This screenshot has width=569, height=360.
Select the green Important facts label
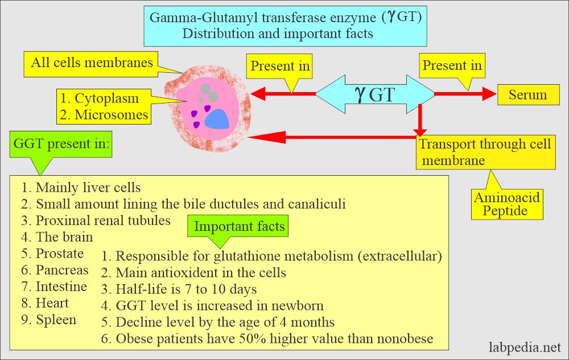pyautogui.click(x=239, y=226)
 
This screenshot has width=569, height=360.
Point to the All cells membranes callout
pyautogui.click(x=92, y=62)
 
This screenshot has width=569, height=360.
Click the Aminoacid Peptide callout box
pyautogui.click(x=506, y=204)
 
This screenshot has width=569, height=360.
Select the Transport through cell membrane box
pyautogui.click(x=485, y=152)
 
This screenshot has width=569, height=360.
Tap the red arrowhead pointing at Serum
pyautogui.click(x=489, y=94)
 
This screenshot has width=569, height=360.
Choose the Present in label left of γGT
pyautogui.click(x=280, y=67)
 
